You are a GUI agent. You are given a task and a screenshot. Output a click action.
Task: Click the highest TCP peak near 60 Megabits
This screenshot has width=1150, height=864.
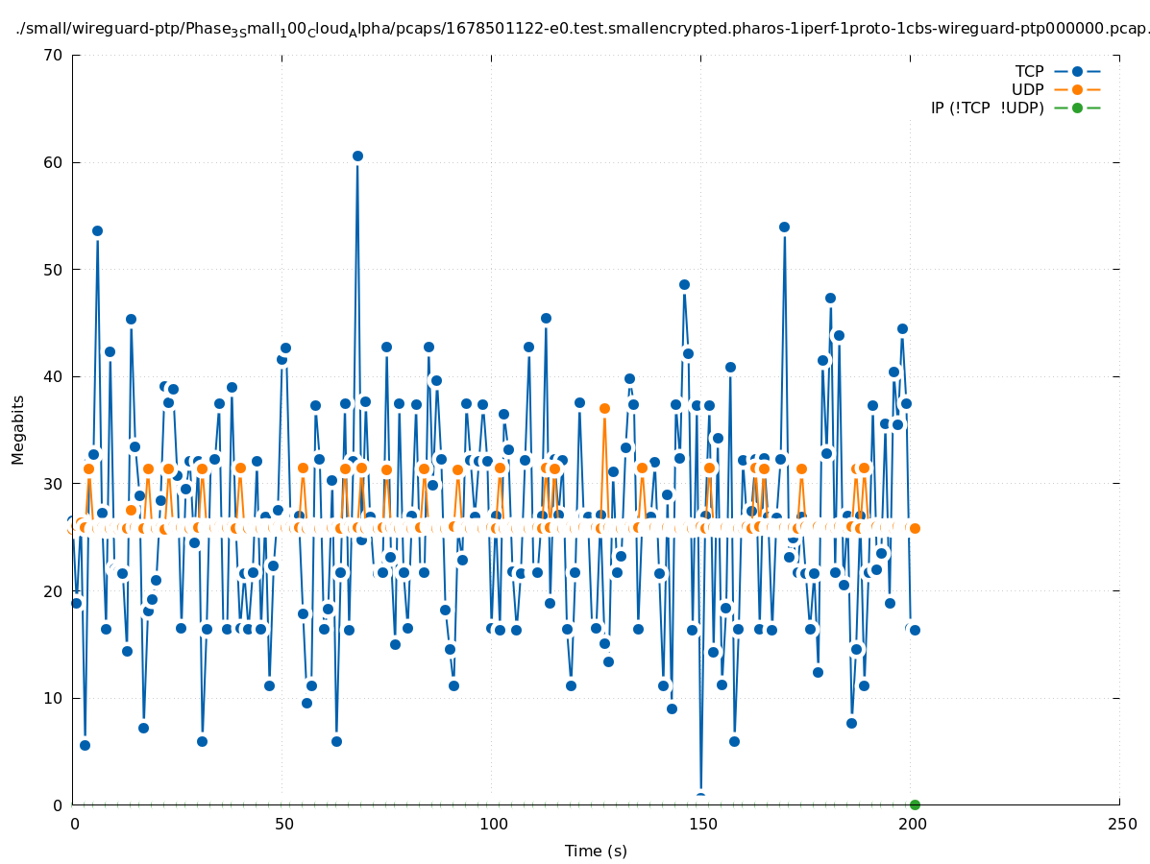(x=357, y=156)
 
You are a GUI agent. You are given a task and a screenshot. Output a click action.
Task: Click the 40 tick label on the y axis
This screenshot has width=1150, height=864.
(x=54, y=376)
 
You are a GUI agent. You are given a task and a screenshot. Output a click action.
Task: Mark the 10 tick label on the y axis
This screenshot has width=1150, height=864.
(x=54, y=698)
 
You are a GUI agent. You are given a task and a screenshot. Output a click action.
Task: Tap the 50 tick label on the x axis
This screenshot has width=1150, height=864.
(x=283, y=825)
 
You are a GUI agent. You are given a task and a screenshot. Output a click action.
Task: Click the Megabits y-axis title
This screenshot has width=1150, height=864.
(x=18, y=429)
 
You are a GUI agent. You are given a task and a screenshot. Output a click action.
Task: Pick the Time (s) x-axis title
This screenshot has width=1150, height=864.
(x=596, y=851)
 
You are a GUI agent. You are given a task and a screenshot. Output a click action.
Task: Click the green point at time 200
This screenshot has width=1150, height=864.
(x=915, y=804)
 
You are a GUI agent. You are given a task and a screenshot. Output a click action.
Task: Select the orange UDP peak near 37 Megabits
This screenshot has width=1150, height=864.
(x=604, y=408)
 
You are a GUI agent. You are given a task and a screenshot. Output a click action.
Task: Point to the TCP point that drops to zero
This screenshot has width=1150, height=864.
(x=700, y=798)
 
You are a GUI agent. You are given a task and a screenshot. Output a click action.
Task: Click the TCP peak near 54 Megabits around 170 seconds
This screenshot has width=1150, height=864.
(x=784, y=227)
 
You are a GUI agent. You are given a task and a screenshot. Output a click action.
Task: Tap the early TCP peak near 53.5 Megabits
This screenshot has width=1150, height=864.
(x=97, y=230)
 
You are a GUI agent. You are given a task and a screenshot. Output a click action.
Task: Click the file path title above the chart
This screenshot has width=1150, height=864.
(x=582, y=29)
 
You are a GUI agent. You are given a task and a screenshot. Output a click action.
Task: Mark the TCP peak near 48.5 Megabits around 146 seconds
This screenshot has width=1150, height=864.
(x=684, y=284)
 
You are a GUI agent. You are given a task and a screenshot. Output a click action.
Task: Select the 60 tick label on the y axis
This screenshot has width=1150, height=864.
(x=54, y=162)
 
